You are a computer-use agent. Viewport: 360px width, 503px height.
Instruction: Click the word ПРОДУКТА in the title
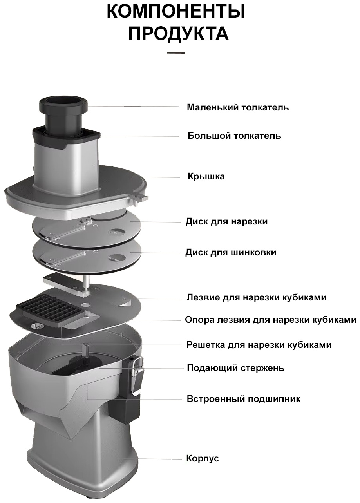coord(178,33)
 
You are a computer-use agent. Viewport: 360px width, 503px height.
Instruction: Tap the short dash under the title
coord(176,53)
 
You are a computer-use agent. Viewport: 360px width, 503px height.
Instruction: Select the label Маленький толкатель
coord(238,107)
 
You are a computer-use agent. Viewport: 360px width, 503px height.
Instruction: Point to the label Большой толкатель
coord(234,136)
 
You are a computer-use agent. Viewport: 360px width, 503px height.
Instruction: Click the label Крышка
coord(206,176)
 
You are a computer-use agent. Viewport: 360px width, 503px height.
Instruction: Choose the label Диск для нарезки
coord(226,222)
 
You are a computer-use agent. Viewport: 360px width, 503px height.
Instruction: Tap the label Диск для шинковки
coord(231,252)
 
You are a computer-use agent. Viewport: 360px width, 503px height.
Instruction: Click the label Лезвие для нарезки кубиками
coord(257,298)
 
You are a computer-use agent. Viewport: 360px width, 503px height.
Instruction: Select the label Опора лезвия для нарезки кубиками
coord(271,320)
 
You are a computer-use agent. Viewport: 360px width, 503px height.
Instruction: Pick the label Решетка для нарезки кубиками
coord(259,345)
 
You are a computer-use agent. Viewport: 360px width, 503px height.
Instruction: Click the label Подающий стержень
coord(235,368)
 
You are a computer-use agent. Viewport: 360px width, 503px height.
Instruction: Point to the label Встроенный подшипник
coord(243,399)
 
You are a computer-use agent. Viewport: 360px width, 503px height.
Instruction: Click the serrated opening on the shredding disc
coord(118,258)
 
